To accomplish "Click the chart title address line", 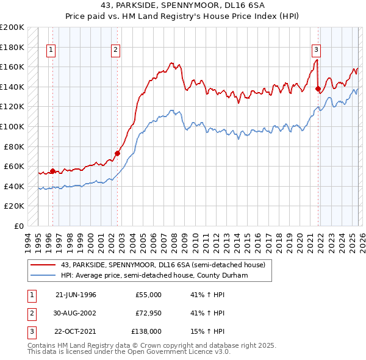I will (183, 5).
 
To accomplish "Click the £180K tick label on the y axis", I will (12, 47).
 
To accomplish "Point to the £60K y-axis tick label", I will (14, 166).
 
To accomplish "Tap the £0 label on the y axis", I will (20, 226).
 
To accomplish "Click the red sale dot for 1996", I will (52, 171).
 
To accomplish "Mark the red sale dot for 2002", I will (117, 154).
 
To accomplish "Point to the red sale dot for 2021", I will (318, 89).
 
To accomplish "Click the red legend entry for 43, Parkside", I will (163, 265).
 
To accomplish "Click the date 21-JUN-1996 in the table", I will (76, 295).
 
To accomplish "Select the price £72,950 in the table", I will (147, 313).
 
